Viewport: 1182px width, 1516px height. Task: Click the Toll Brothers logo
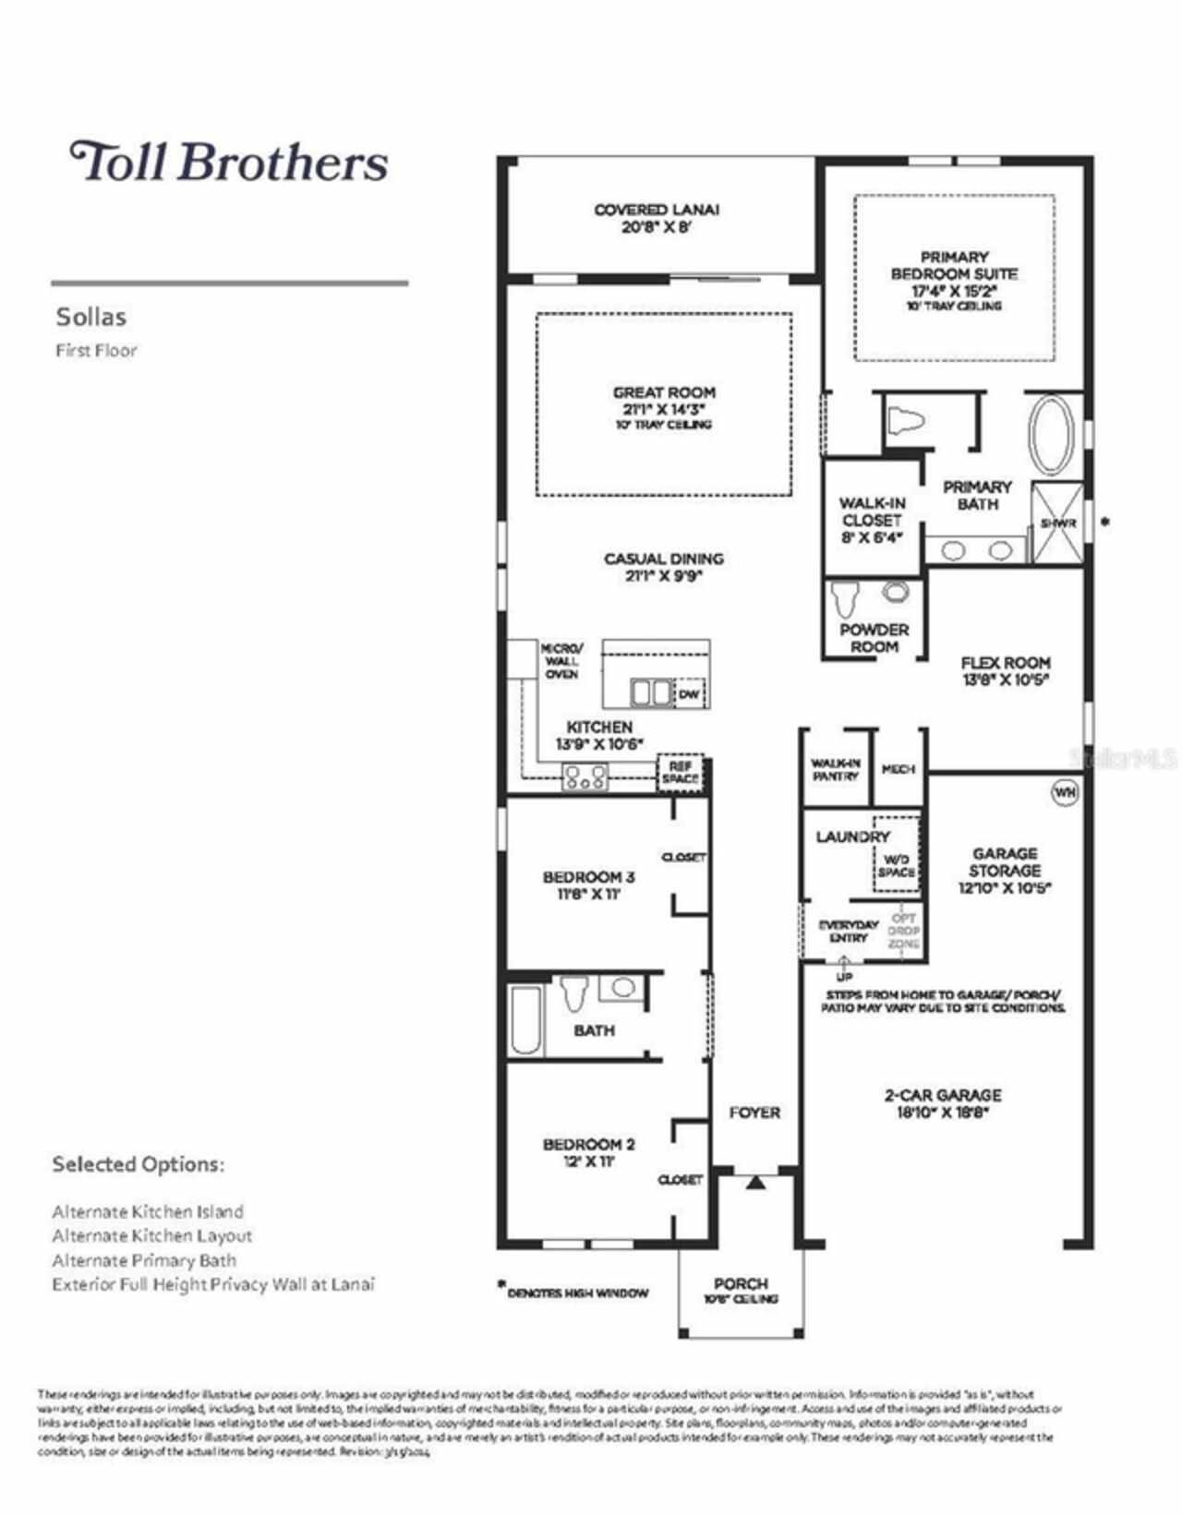229,162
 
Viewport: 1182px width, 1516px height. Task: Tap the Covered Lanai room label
657,210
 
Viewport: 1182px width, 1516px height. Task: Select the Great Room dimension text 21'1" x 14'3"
663,409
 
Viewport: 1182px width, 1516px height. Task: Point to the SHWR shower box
1057,523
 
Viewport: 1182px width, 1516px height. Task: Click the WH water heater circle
1065,792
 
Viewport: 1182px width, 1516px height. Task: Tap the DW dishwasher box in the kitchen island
690,694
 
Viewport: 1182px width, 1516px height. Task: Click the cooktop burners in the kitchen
585,778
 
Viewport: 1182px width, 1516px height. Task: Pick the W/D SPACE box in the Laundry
896,865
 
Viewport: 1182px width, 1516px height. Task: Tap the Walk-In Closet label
872,511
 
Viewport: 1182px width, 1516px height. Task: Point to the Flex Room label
1005,663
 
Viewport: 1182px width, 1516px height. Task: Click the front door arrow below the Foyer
755,1182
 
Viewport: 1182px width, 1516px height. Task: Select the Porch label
741,1283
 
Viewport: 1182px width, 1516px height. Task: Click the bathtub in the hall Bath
525,1019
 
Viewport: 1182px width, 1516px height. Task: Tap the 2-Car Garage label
942,1096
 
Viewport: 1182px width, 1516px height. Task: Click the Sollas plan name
90,317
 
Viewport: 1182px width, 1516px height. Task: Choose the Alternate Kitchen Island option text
148,1211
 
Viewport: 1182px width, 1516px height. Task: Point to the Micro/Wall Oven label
561,661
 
